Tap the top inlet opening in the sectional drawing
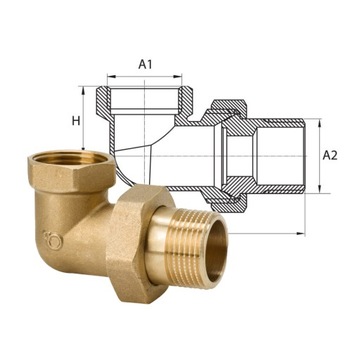[x=146, y=98]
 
